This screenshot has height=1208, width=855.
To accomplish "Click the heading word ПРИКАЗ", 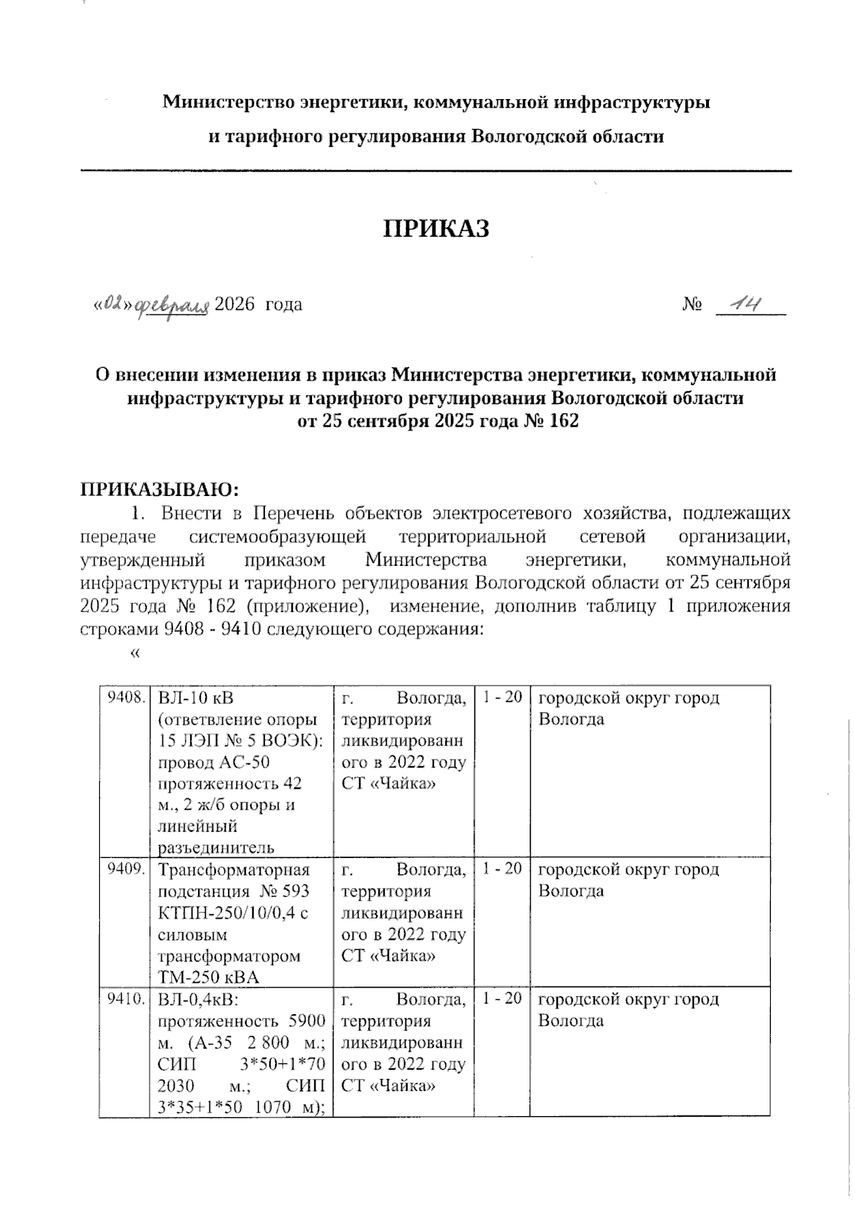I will click(x=437, y=229).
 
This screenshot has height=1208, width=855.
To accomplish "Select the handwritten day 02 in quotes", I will click(x=114, y=305).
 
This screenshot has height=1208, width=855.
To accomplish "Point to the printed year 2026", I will click(x=234, y=305).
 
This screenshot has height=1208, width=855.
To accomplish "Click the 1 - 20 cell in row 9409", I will click(x=502, y=869).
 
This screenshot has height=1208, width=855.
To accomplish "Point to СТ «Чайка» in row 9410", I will click(x=388, y=1086).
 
